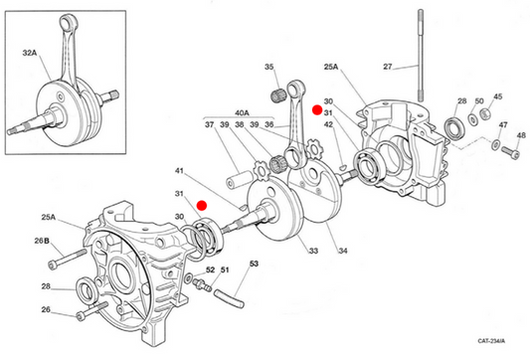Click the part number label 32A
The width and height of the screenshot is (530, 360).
(30, 53)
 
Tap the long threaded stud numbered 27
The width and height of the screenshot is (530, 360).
(421, 56)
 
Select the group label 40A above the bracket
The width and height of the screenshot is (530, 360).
(242, 113)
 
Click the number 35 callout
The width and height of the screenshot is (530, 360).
(269, 67)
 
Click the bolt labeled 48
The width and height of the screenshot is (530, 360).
(510, 152)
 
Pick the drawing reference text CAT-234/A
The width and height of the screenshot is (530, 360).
(491, 341)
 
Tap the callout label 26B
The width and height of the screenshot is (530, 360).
(42, 241)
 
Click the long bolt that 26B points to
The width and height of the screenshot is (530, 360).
(68, 259)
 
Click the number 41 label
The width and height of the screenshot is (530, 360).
(179, 171)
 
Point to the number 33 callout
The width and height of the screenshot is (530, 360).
(313, 251)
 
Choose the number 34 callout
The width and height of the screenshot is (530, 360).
(343, 251)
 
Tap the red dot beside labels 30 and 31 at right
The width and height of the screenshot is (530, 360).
(317, 109)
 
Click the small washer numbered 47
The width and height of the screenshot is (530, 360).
(495, 144)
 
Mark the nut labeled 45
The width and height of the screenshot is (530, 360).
(485, 113)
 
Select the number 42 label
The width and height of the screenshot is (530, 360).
(328, 124)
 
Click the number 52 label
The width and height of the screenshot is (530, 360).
(210, 270)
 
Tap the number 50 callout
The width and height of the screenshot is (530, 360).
(479, 100)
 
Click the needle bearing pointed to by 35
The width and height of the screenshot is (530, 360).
(277, 95)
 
